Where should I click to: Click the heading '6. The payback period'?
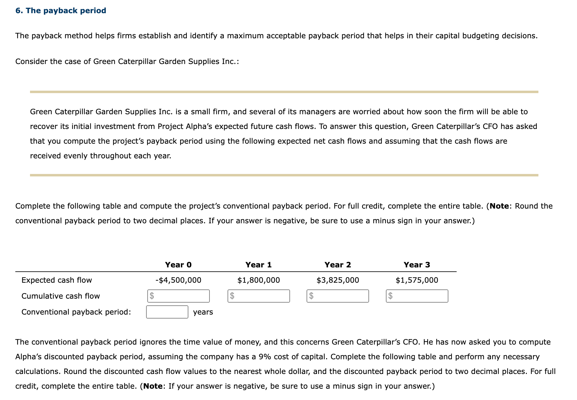point(61,11)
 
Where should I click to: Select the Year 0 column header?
point(178,265)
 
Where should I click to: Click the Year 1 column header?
point(258,265)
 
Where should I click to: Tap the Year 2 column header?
point(338,265)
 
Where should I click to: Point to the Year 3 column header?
point(417,265)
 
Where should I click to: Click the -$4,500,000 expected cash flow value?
point(178,280)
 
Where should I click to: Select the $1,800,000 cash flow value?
point(258,280)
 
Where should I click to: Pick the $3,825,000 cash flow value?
point(338,280)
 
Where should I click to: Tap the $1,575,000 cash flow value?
point(417,280)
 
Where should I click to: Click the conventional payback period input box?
point(167,312)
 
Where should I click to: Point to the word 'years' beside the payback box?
point(203,312)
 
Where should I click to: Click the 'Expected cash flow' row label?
point(57,280)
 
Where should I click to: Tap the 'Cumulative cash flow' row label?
point(61,296)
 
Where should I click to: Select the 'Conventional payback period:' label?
point(76,312)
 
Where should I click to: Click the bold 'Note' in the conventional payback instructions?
point(499,206)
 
